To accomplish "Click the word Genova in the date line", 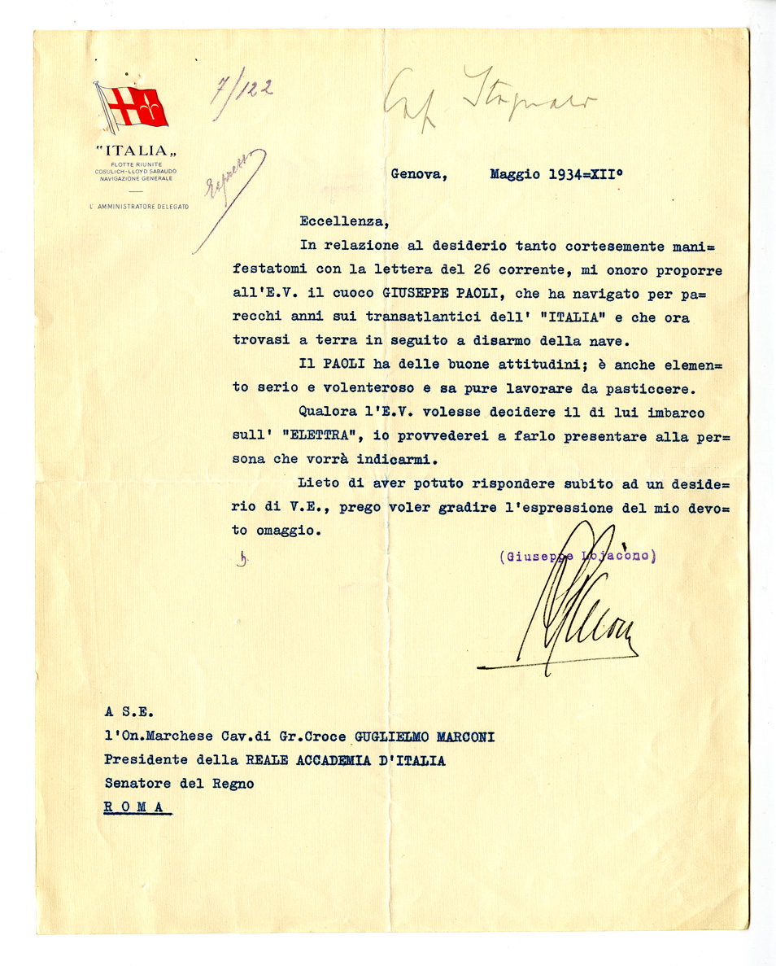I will coord(417,173).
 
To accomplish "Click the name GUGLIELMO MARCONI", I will coord(424,737).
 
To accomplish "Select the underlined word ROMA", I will coord(137,807).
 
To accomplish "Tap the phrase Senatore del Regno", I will coord(179,784).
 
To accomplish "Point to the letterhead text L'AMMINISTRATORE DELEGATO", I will coord(139,207).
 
